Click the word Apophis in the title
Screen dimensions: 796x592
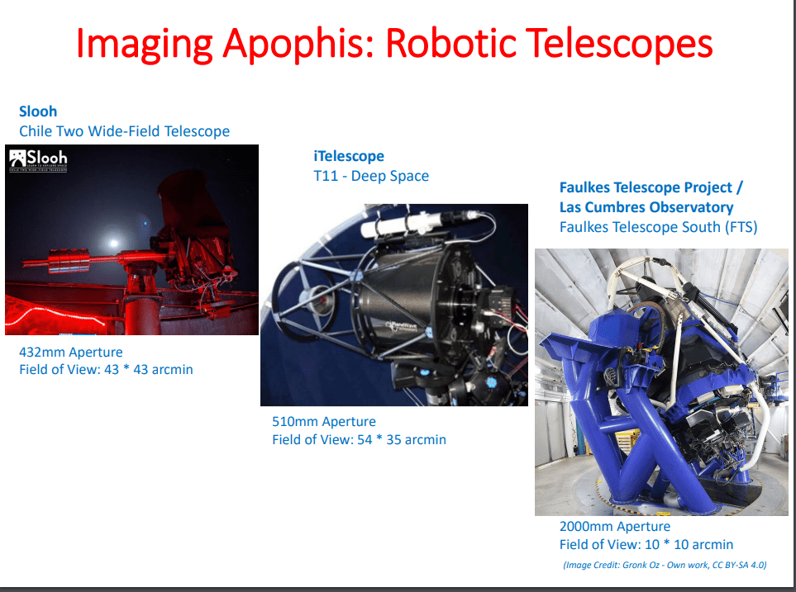[298, 44]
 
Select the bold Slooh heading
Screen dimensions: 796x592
[38, 111]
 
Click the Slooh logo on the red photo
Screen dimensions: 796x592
[39, 159]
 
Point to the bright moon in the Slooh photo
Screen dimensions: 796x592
[112, 244]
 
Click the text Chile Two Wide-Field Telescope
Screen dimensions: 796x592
[124, 131]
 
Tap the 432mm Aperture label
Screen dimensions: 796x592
[71, 352]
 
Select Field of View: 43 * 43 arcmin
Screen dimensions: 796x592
[106, 369]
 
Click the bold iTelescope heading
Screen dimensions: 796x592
[349, 156]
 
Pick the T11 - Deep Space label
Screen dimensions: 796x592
[371, 176]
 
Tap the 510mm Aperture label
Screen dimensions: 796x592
[324, 422]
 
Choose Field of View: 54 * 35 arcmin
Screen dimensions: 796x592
[359, 439]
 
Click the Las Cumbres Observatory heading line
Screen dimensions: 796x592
[646, 207]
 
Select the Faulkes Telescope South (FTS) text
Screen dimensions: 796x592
[659, 227]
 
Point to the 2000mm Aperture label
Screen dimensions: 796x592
[615, 527]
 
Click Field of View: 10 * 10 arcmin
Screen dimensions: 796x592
[646, 544]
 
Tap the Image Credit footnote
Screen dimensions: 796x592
[665, 565]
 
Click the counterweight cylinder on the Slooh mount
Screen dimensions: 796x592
[69, 260]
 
